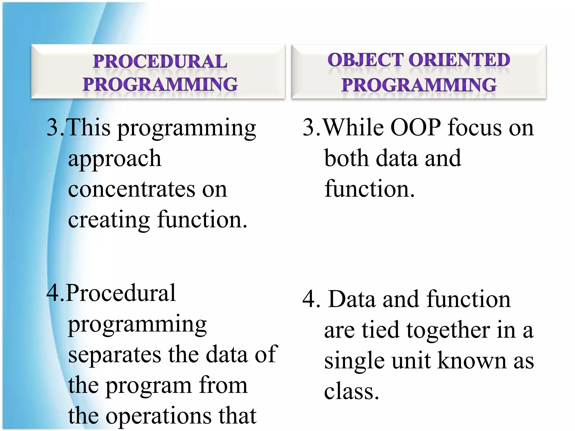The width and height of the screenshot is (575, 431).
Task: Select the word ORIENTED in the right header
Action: pyautogui.click(x=459, y=60)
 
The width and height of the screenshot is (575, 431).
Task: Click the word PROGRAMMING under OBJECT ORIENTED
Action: pyautogui.click(x=419, y=85)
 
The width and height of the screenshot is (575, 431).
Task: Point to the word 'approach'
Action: pyautogui.click(x=115, y=159)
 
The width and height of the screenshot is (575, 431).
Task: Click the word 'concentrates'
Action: pyautogui.click(x=131, y=189)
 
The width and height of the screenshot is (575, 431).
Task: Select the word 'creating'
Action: pyautogui.click(x=109, y=221)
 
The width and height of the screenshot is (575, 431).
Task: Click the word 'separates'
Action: pyautogui.click(x=115, y=355)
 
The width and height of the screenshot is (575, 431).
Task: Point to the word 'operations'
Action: pyautogui.click(x=159, y=416)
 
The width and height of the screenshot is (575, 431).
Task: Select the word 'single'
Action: pyautogui.click(x=354, y=361)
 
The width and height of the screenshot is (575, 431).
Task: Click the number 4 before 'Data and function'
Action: pyautogui.click(x=309, y=300)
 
